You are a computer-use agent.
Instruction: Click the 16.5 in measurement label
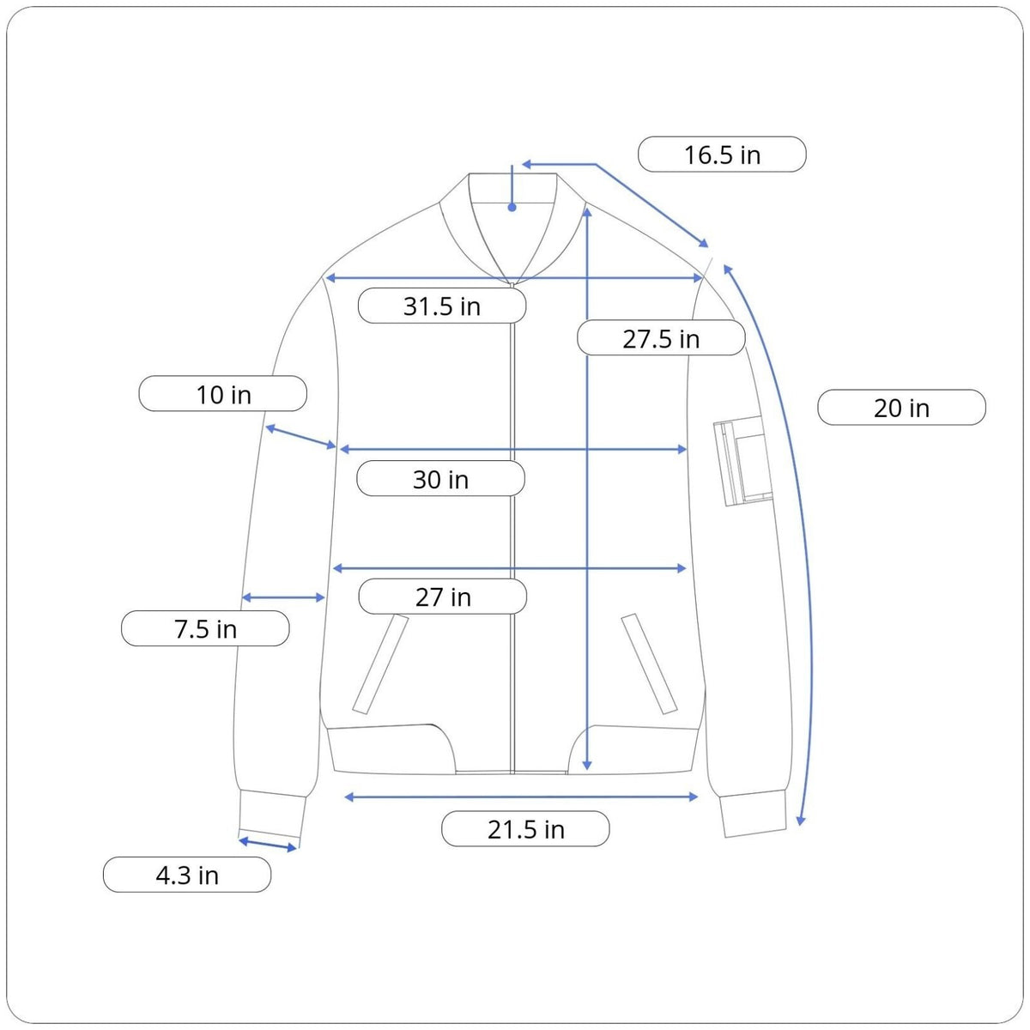pos(722,154)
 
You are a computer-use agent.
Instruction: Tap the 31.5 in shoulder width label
pos(441,306)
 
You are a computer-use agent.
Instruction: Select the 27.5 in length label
pos(661,338)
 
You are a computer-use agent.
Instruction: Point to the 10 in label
pos(223,394)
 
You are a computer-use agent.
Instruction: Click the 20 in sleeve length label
pos(901,408)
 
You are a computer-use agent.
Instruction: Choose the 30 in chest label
pos(440,478)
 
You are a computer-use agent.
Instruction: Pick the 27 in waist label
pos(443,597)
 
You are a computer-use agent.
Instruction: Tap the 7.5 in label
pos(205,628)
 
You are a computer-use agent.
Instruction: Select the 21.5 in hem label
pos(525,829)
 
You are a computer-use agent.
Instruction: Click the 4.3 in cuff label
pos(187,875)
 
